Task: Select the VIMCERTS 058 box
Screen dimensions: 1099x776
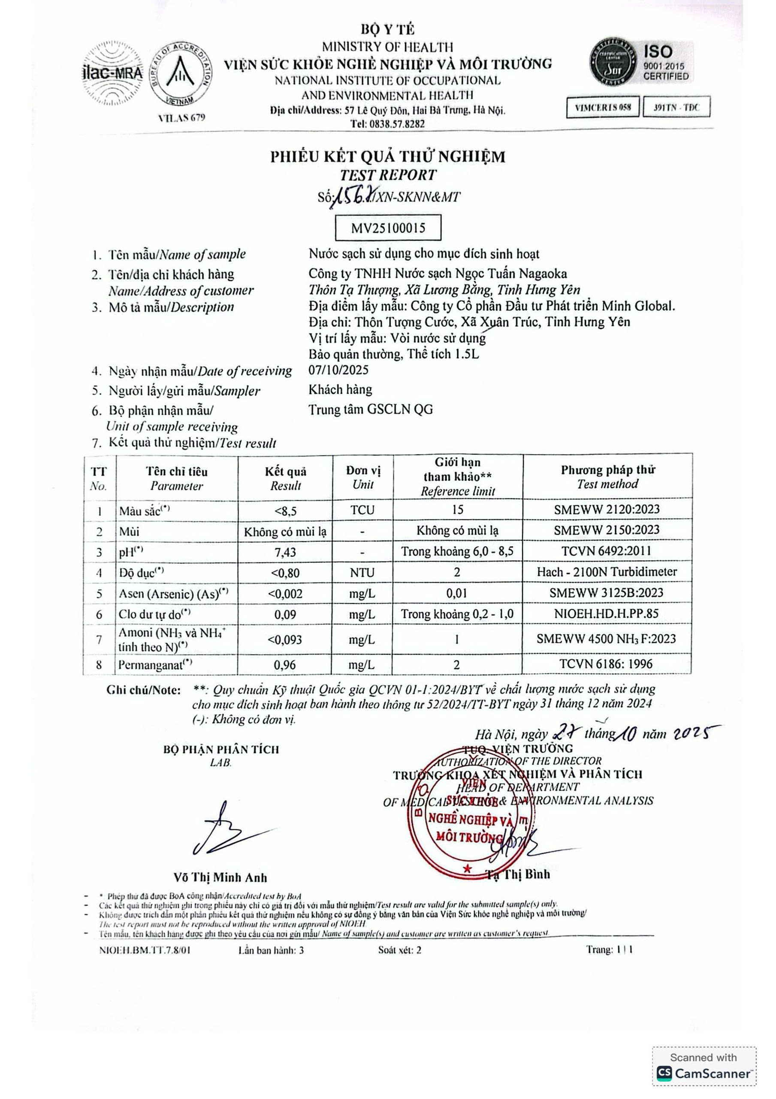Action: pyautogui.click(x=602, y=107)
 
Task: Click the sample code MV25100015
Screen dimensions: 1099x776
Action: pyautogui.click(x=388, y=228)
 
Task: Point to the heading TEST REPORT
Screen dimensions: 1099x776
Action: pyautogui.click(x=388, y=175)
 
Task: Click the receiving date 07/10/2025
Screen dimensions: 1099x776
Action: pyautogui.click(x=338, y=370)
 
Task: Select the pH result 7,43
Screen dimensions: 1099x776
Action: pyautogui.click(x=285, y=552)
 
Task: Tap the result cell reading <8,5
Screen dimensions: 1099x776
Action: pyautogui.click(x=285, y=511)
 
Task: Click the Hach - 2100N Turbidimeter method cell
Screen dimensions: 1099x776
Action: pyautogui.click(x=607, y=571)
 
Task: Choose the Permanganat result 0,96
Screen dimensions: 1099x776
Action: pyautogui.click(x=285, y=665)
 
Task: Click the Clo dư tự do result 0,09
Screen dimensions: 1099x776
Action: pyautogui.click(x=285, y=615)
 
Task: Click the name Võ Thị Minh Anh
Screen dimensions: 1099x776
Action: pyautogui.click(x=220, y=877)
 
